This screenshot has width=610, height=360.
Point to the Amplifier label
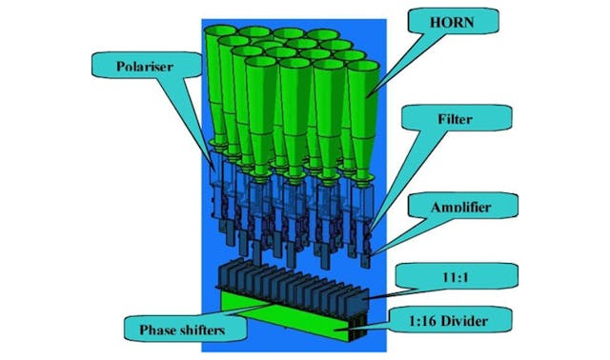coord(460,205)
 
